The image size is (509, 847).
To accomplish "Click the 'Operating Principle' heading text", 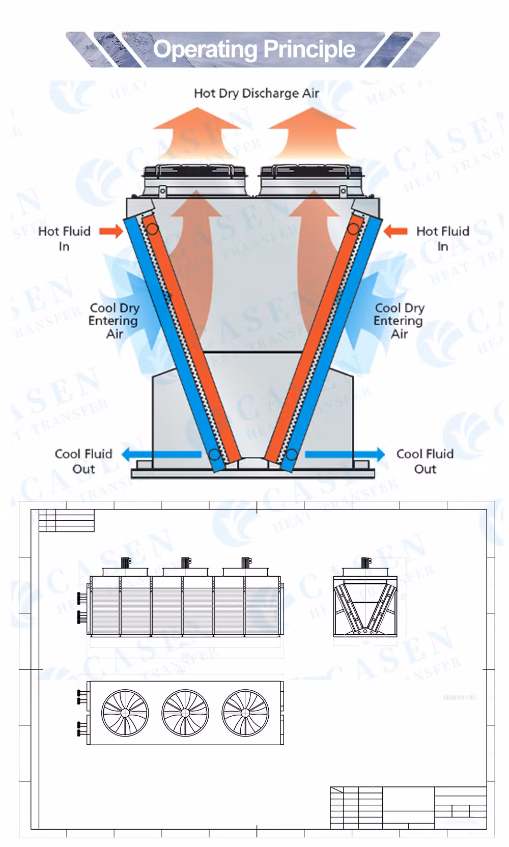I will [x=254, y=49].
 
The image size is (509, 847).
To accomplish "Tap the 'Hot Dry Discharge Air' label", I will [x=256, y=93].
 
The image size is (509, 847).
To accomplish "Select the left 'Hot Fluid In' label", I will [x=64, y=238].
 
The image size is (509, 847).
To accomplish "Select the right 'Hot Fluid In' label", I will [x=442, y=238].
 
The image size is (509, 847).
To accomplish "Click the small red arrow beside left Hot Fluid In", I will [x=111, y=231].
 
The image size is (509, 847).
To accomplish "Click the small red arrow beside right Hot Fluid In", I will [x=395, y=231].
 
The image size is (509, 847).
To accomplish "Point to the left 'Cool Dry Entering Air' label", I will [x=114, y=321].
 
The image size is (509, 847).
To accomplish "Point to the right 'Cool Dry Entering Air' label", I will [x=399, y=321].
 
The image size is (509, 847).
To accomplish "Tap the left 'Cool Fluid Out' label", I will [x=83, y=461].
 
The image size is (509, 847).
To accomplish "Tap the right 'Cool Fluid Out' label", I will [x=425, y=461].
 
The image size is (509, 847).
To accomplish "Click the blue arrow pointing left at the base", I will [x=161, y=454].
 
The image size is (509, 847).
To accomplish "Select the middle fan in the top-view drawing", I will [x=185, y=713].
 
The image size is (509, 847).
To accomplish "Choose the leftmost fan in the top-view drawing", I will [x=125, y=713].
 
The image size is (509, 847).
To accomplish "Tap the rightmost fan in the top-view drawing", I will [x=245, y=713].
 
